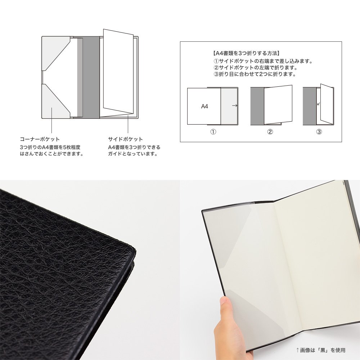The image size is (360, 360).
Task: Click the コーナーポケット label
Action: pos(40,139)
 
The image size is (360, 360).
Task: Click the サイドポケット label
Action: pos(125,139)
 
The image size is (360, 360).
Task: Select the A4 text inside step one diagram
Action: pos(204,106)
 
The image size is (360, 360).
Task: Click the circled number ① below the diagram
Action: pos(213,132)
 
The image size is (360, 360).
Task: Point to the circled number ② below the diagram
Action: pos(270,132)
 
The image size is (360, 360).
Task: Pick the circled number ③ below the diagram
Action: pos(319,132)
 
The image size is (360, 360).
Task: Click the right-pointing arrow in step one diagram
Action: pos(235,105)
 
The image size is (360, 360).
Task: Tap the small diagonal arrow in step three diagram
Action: pos(319,104)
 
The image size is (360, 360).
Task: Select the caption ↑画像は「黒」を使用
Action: pos(320,350)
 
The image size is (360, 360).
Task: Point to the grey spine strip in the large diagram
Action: pos(91,77)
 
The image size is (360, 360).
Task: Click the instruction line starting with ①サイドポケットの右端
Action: pos(263,61)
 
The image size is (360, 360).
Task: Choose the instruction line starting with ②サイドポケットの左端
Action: pos(256,68)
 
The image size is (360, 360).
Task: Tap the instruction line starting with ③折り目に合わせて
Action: pos(255,74)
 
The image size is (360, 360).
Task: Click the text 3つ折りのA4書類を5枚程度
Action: pos(50,147)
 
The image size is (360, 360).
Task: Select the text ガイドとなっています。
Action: pos(133,154)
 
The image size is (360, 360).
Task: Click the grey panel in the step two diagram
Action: pos(257,106)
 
